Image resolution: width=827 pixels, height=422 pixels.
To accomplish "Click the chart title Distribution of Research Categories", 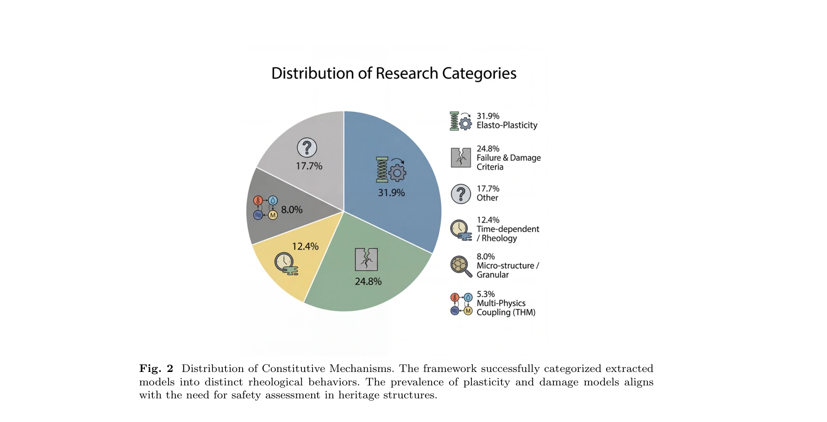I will coord(394,73).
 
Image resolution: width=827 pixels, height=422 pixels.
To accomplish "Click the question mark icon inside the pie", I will coord(307,148).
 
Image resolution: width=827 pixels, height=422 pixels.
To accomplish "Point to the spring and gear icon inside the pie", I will coord(390,170).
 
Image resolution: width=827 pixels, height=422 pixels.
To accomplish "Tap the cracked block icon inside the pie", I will coord(366,259).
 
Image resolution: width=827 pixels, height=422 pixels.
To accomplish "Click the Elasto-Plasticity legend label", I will coord(507,126).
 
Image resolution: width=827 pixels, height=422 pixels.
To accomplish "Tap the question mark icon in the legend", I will coord(461,194).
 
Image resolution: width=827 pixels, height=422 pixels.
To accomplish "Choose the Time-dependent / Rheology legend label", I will coord(508,233).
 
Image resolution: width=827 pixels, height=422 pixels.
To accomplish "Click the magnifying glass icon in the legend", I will coord(461,266).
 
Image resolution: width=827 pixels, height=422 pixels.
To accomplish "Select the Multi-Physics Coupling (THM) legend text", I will coord(506,308).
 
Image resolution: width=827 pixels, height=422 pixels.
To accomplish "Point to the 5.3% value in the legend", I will coord(486,294).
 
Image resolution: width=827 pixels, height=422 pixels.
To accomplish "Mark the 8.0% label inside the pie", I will coord(292,210).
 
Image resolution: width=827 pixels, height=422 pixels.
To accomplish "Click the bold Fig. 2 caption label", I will coord(156,369).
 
